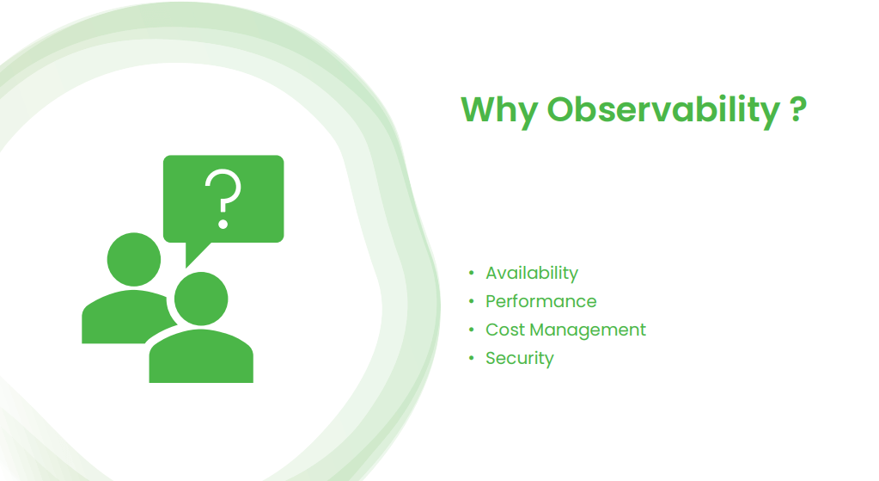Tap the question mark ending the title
coord(797,109)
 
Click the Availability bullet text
coord(532,274)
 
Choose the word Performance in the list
coord(540,302)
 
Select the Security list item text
coord(520,359)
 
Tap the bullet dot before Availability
coord(471,274)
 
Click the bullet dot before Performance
coord(471,302)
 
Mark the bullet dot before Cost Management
coord(471,330)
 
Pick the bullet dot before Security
coord(471,359)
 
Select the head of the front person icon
coord(201,299)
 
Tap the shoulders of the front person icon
coord(201,360)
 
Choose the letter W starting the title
coord(479,111)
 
